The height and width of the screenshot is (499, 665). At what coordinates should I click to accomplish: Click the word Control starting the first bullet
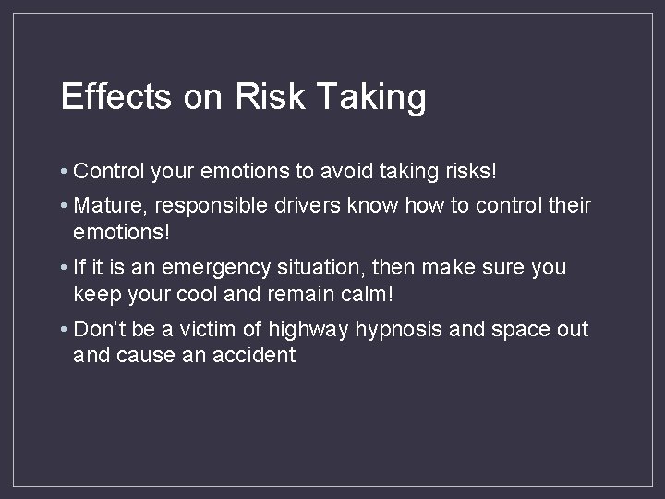pyautogui.click(x=107, y=171)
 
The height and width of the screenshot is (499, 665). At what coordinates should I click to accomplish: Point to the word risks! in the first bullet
pyautogui.click(x=470, y=171)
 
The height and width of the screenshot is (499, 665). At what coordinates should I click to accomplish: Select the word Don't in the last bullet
pyautogui.click(x=99, y=329)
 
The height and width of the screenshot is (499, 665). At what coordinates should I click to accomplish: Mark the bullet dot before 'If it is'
pyautogui.click(x=64, y=268)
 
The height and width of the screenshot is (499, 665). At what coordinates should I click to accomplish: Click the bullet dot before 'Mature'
pyautogui.click(x=64, y=205)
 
